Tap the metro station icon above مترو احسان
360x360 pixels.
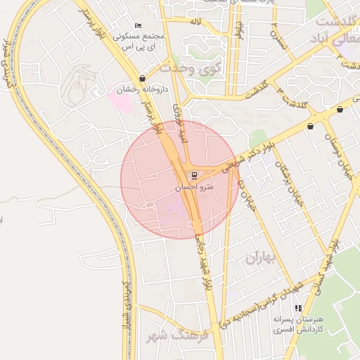tap(191, 175)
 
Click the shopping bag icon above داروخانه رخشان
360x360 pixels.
tap(143, 79)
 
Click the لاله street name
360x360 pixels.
tap(196, 22)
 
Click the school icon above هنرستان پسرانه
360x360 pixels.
tap(298, 308)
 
